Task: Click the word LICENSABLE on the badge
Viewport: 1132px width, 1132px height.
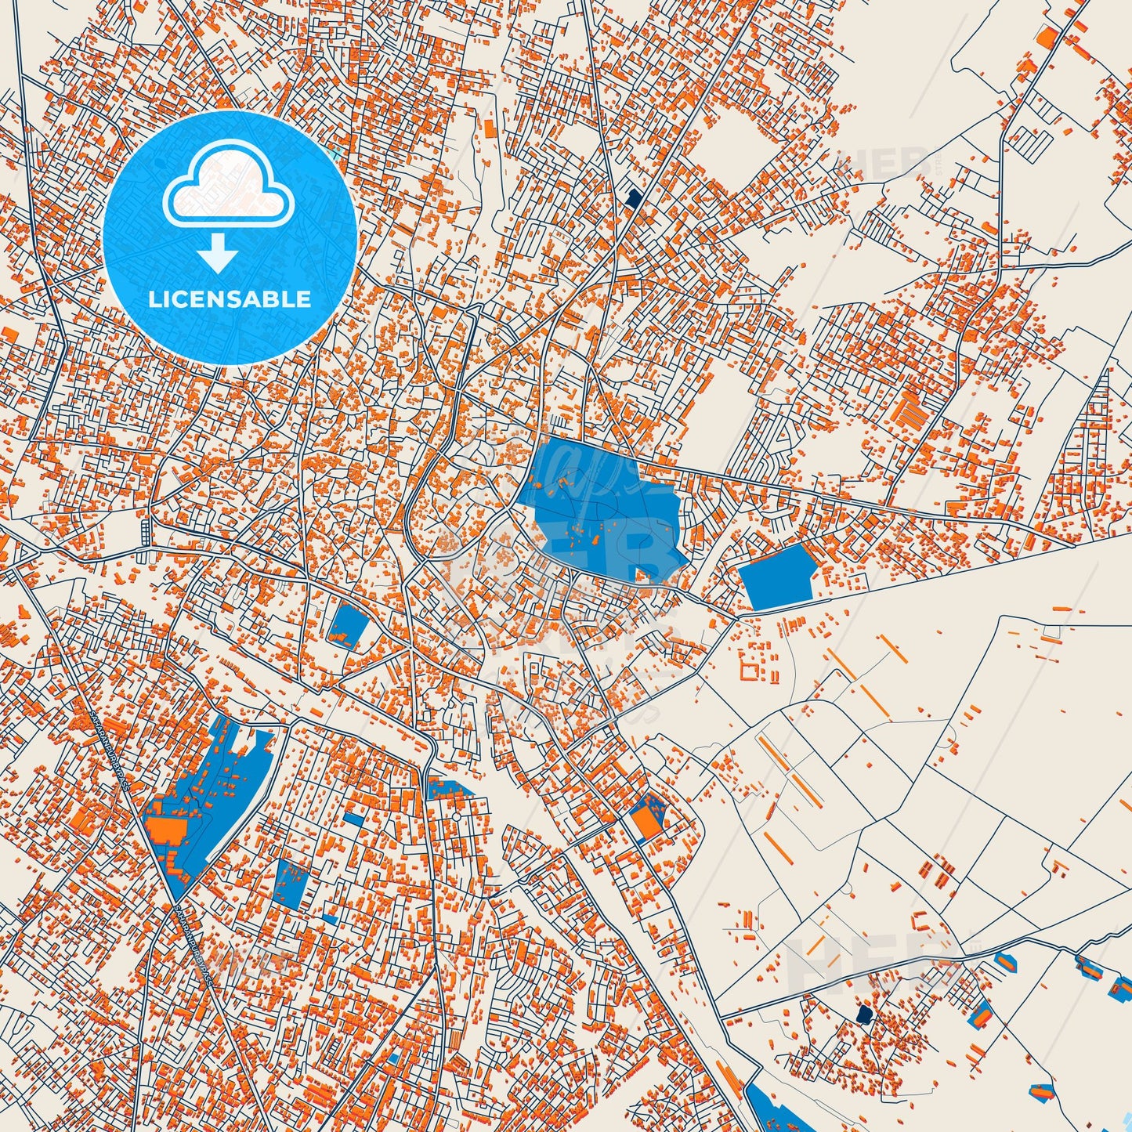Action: pyautogui.click(x=230, y=299)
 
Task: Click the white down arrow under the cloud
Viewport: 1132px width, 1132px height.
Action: pyautogui.click(x=219, y=255)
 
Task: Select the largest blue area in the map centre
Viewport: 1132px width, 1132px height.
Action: pyautogui.click(x=599, y=509)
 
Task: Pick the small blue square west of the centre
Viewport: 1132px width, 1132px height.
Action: pyautogui.click(x=349, y=624)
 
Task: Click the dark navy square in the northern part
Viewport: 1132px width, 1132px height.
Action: pyautogui.click(x=633, y=197)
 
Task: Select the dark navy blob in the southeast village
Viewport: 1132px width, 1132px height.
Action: pyautogui.click(x=865, y=1015)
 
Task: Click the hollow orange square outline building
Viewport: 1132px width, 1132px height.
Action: pyautogui.click(x=750, y=670)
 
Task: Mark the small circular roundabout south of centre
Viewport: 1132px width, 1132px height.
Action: pyautogui.click(x=455, y=818)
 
